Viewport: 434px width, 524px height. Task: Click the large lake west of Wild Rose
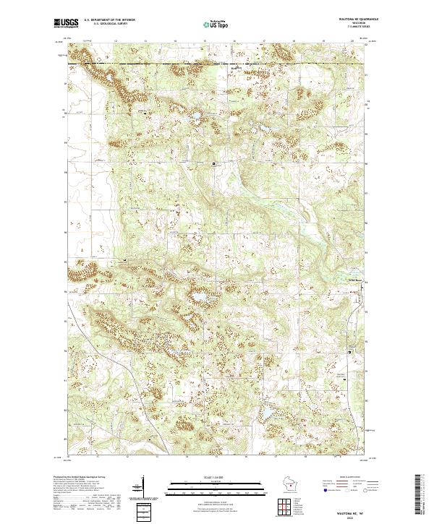196,297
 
